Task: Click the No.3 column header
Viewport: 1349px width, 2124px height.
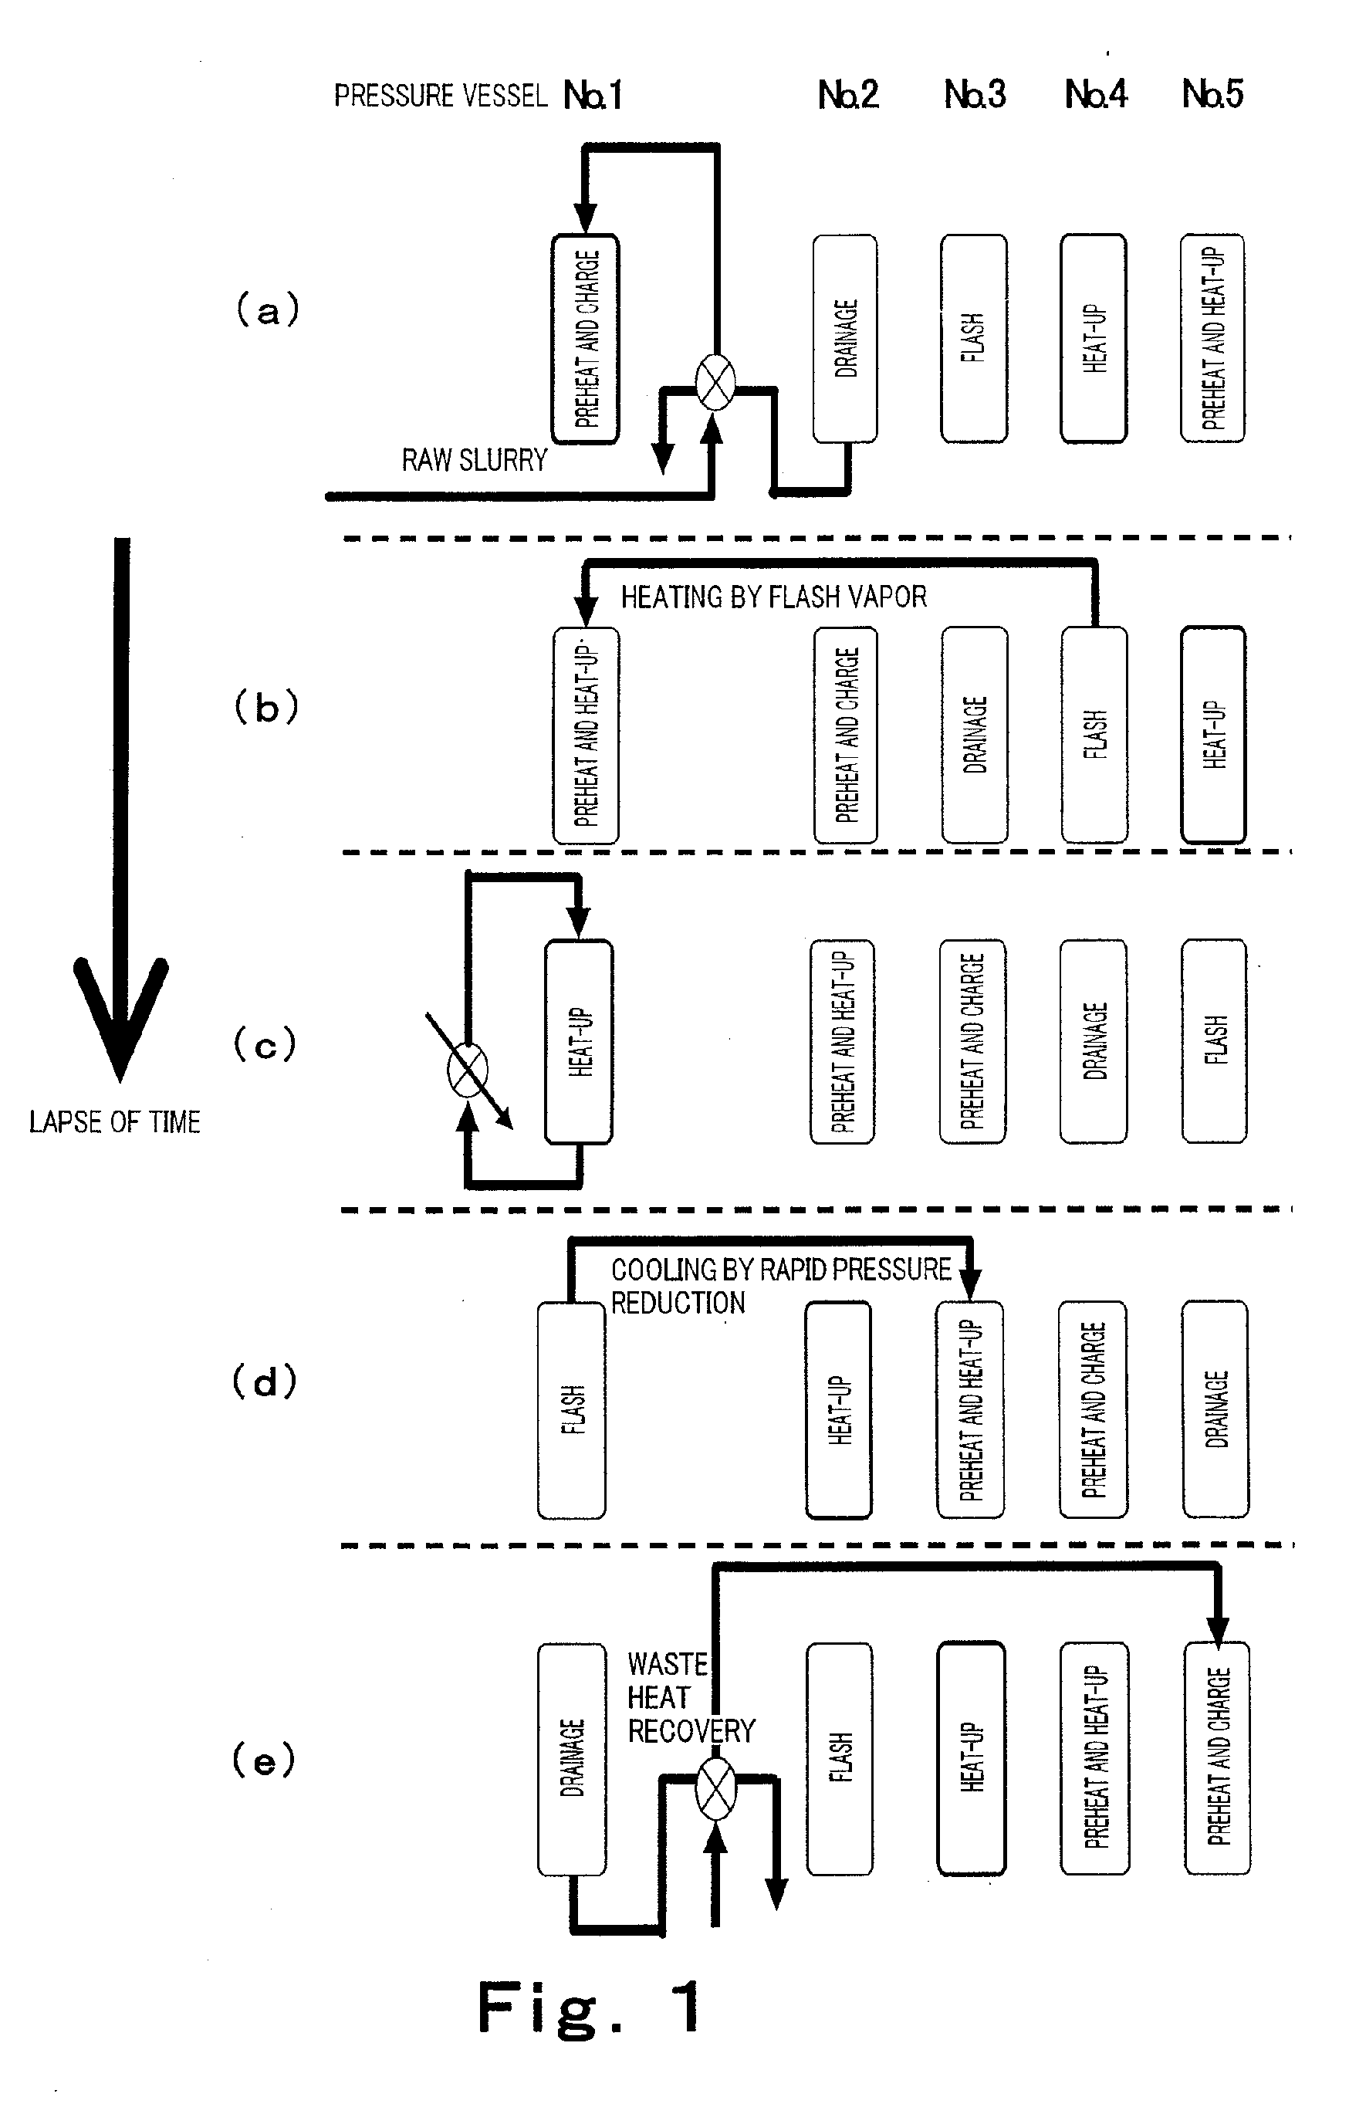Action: click(x=974, y=94)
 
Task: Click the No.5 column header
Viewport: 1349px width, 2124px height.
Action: click(x=1212, y=94)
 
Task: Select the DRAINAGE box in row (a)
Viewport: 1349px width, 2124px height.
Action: click(x=844, y=338)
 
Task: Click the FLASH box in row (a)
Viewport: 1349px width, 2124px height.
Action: click(x=973, y=338)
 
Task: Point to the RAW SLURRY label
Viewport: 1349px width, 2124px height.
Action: click(x=475, y=461)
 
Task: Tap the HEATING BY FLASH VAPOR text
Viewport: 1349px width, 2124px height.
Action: click(x=773, y=597)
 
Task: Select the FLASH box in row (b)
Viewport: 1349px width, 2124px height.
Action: click(x=1094, y=734)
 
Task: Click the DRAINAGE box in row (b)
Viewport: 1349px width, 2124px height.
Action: click(x=974, y=734)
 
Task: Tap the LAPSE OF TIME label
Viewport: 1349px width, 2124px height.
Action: click(x=115, y=1122)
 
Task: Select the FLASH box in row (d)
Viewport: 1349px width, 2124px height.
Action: click(x=571, y=1409)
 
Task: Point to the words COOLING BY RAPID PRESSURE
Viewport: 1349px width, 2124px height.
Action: click(x=781, y=1270)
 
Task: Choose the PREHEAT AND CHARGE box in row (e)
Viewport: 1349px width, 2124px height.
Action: click(x=1217, y=1757)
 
